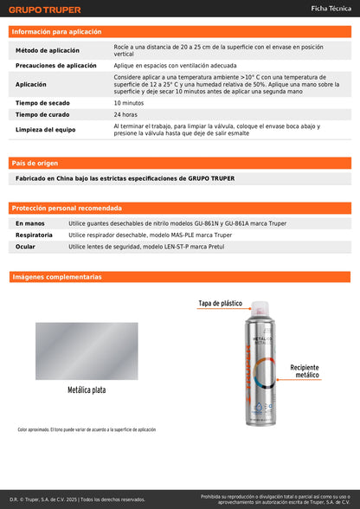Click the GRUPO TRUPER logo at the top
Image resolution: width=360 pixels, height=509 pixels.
[x=45, y=10]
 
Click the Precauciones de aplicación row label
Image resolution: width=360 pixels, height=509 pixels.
[x=56, y=65]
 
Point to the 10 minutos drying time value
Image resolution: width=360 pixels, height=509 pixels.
[x=129, y=103]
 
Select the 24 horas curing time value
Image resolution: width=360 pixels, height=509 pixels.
[x=125, y=114]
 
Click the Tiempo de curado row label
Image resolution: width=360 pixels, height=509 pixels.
[x=43, y=114]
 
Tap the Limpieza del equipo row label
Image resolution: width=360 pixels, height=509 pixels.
[x=47, y=130]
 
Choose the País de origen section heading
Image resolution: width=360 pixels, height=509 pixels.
[x=35, y=163]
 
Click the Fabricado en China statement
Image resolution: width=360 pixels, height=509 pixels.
[x=125, y=178]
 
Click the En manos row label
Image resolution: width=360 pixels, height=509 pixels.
[x=30, y=223]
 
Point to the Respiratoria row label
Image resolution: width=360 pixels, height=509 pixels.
[x=35, y=235]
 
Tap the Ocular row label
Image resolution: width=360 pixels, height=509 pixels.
[x=27, y=247]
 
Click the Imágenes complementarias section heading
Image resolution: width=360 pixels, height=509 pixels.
[x=57, y=277]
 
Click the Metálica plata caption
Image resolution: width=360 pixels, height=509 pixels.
[x=87, y=390]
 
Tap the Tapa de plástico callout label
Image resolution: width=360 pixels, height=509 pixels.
[x=221, y=304]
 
